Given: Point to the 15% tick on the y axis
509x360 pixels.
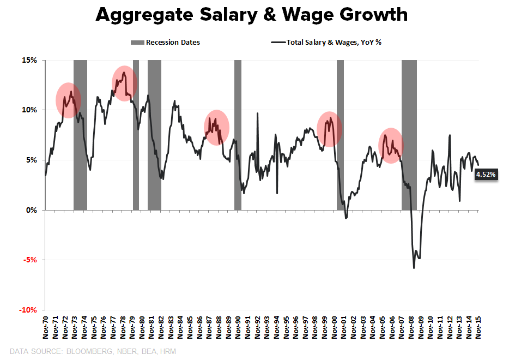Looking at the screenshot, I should pyautogui.click(x=29, y=60).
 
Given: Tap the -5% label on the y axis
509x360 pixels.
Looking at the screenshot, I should pyautogui.click(x=29, y=260).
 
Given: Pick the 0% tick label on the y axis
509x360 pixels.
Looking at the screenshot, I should pyautogui.click(x=31, y=210).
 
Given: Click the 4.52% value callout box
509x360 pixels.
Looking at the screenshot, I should pyautogui.click(x=486, y=175).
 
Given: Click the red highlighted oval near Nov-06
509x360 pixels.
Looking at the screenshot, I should pyautogui.click(x=390, y=146).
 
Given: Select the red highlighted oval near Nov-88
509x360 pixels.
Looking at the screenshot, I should pyautogui.click(x=216, y=128).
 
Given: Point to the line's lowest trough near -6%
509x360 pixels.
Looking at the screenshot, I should pyautogui.click(x=414, y=268).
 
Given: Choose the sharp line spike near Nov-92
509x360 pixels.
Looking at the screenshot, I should pyautogui.click(x=257, y=114).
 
